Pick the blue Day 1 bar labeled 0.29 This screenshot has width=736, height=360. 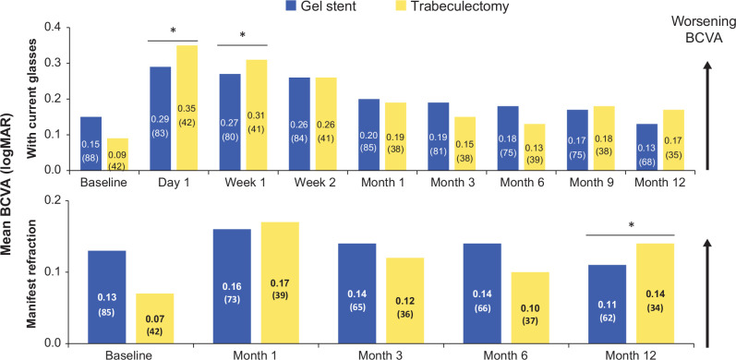pos(160,119)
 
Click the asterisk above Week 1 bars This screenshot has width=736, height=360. pos(242,36)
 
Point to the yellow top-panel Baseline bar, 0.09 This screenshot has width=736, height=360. pos(117,154)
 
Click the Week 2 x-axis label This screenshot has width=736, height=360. pos(312,182)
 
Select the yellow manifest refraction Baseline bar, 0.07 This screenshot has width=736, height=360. pos(154,318)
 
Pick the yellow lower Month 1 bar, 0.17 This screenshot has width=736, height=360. pos(280,283)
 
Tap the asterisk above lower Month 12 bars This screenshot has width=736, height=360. pos(633,226)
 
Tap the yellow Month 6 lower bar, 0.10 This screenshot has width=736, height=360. pos(530,308)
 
